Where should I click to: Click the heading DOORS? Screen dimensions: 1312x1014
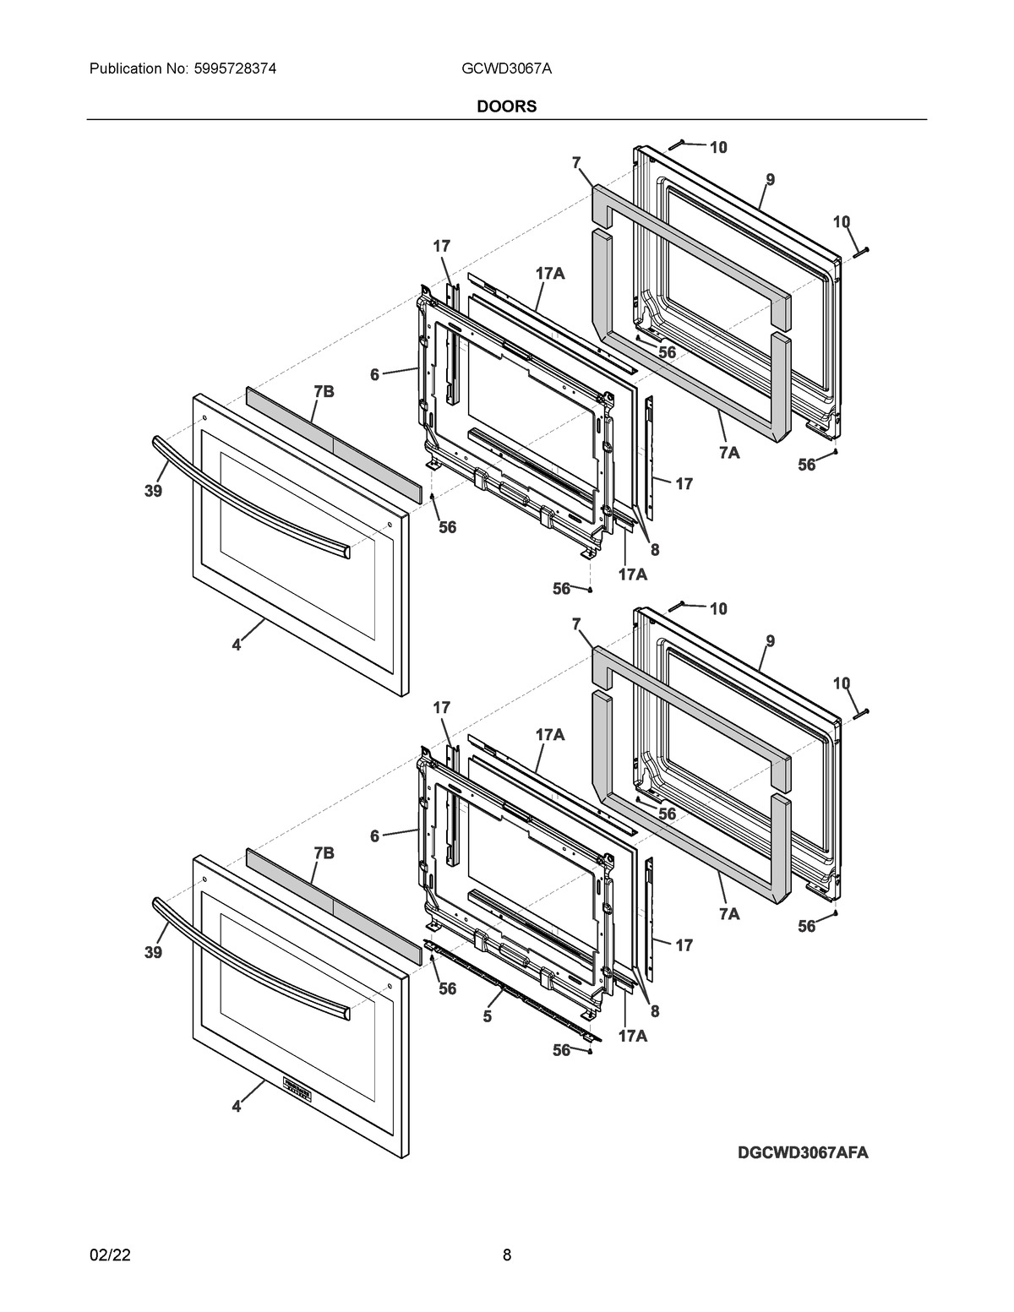[507, 106]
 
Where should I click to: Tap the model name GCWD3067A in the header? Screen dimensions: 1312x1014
[506, 68]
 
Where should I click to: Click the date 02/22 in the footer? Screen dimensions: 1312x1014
[110, 1255]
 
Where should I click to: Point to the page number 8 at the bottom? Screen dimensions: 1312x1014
[507, 1255]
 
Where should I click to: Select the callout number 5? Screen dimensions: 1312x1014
[488, 1016]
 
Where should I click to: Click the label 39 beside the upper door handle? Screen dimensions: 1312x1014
[152, 491]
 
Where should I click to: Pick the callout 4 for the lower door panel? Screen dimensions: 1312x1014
[237, 1106]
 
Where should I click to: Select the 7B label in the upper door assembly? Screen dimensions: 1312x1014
[324, 391]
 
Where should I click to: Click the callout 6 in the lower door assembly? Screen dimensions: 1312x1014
[374, 836]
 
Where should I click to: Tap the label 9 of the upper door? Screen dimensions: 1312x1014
[771, 179]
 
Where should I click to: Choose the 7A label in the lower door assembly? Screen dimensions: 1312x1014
[729, 914]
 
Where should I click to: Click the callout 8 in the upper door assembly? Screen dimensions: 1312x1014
[654, 549]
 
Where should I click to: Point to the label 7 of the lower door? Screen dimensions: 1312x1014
[576, 624]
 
